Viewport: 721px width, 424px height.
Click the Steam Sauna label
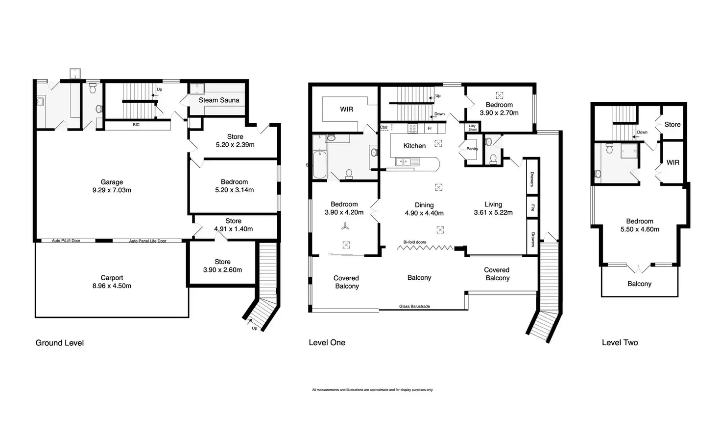coord(219,100)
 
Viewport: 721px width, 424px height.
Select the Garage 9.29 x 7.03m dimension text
coord(112,190)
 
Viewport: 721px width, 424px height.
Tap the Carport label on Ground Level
coord(112,278)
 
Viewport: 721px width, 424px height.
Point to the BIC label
coord(136,125)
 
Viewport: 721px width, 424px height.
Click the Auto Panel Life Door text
coord(148,241)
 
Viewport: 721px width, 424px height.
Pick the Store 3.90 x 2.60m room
coord(222,266)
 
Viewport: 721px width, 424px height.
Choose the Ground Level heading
coord(60,343)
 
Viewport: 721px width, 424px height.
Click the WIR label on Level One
coord(346,110)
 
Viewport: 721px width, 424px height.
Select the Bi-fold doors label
coord(414,242)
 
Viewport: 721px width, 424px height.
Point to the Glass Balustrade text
coord(414,307)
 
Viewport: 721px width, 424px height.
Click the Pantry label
coord(472,149)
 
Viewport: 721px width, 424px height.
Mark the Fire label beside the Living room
coord(532,207)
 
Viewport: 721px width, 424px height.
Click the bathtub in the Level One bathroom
coord(319,165)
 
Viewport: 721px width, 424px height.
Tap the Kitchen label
coord(414,146)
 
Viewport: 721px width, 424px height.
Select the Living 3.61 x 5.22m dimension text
coord(493,213)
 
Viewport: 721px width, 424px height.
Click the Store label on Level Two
coord(673,125)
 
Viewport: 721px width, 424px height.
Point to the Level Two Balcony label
coord(640,284)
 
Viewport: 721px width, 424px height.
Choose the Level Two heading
coord(620,343)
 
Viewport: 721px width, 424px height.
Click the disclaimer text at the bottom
coord(372,390)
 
